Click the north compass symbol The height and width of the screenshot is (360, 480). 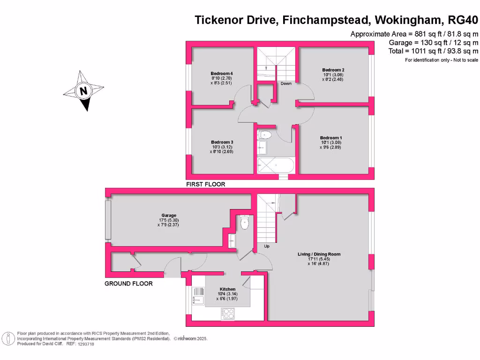pos(83,91)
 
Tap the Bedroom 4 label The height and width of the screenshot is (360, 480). pos(222,74)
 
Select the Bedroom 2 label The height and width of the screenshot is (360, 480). pos(333,70)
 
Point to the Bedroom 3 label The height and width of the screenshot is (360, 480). pos(222,142)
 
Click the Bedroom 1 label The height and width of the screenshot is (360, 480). pos(331,137)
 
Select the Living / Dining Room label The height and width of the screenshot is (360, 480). pos(319,254)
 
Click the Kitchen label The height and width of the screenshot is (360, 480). pos(227,289)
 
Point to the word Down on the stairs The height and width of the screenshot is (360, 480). pos(286,84)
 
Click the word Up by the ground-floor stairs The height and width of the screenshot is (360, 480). pos(267,246)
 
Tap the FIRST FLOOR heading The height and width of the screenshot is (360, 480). pos(206,184)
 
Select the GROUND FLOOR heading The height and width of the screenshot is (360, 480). pos(128,284)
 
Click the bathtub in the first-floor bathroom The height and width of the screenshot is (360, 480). pos(275,165)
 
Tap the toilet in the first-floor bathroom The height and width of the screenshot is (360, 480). pos(265,135)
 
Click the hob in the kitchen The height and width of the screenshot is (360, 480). pos(228,314)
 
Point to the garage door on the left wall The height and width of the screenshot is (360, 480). pos(108,219)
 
